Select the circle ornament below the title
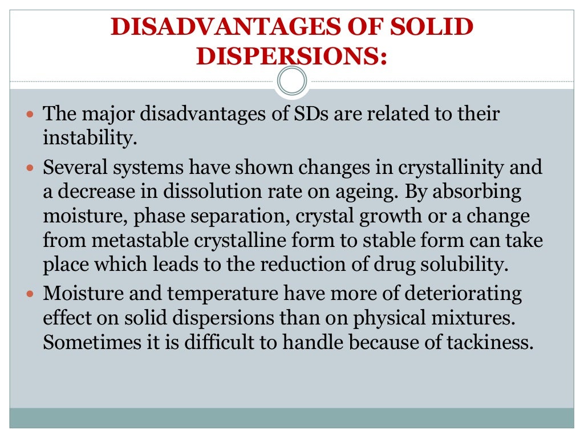tap(291, 81)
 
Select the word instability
tap(90, 139)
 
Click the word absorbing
tap(477, 192)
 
